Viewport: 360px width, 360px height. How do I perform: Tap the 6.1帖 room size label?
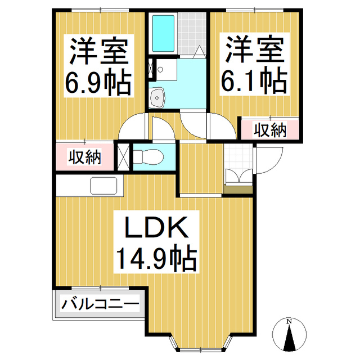pyautogui.click(x=254, y=82)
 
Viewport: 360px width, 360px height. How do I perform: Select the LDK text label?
pyautogui.click(x=155, y=229)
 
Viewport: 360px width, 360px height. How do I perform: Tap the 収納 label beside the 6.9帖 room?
pyautogui.click(x=85, y=157)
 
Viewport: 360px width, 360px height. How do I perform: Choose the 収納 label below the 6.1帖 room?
pyautogui.click(x=269, y=131)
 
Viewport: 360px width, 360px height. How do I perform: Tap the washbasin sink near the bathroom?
pyautogui.click(x=157, y=98)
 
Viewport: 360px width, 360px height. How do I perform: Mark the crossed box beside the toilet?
pyautogui.click(x=124, y=157)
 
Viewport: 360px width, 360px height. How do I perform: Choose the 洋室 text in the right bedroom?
pyautogui.click(x=254, y=51)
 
